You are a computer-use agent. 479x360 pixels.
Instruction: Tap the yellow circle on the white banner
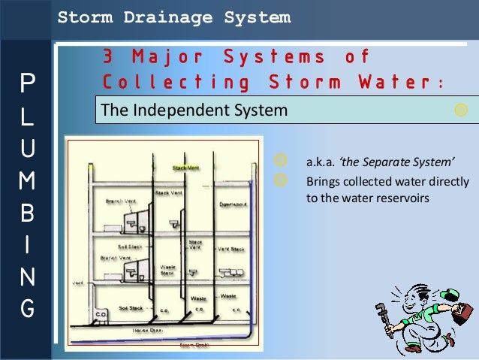tap(461, 110)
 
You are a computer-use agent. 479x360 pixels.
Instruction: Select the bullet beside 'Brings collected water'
tap(280, 180)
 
